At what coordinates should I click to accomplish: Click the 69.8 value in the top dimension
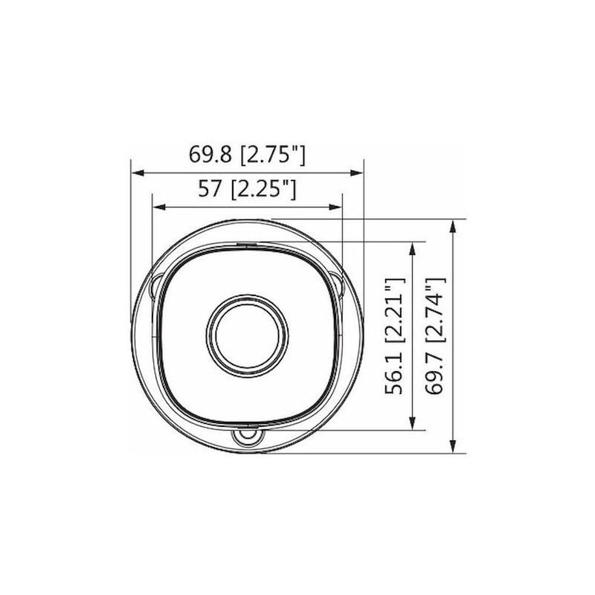tap(210, 155)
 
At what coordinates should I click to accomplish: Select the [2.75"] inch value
tap(273, 155)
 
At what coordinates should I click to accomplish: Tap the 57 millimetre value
tap(209, 189)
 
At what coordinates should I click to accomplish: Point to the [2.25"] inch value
tap(263, 189)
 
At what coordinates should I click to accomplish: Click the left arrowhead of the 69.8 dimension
tap(138, 173)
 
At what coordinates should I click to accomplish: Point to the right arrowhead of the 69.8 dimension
tap(356, 173)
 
